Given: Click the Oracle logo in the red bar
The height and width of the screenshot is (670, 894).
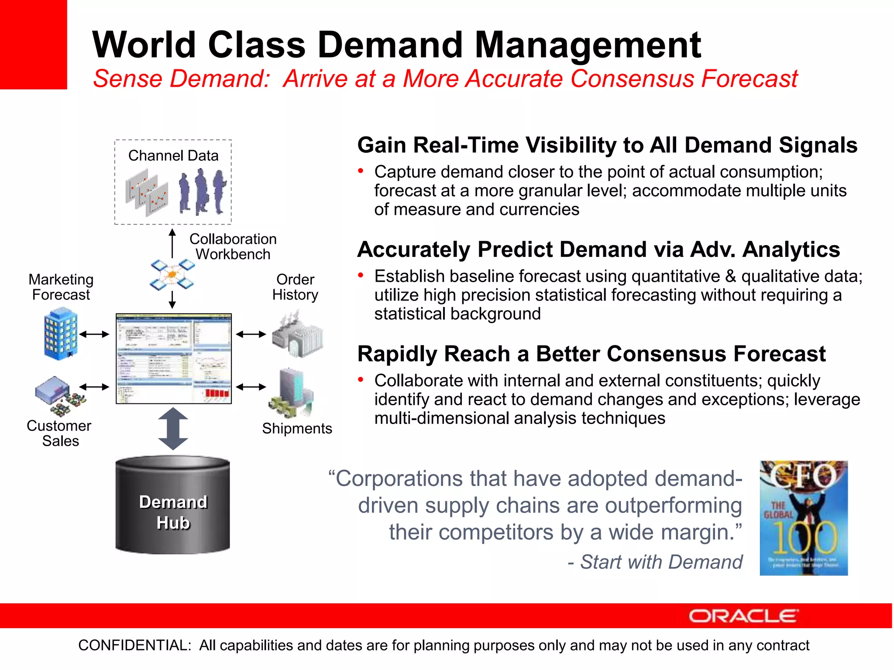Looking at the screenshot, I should click(x=743, y=616).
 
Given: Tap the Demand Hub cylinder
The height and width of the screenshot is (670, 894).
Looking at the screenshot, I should click(x=173, y=506).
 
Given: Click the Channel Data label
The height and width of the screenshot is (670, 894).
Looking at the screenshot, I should click(x=173, y=156).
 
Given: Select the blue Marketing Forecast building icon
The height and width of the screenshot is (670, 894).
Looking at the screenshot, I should click(x=60, y=334).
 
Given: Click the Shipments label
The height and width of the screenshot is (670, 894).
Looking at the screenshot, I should click(x=297, y=428).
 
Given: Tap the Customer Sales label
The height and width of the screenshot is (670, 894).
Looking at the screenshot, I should click(x=59, y=433).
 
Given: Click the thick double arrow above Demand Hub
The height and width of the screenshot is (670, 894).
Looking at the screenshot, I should click(x=173, y=429).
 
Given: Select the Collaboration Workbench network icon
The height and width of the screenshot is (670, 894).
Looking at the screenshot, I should click(x=172, y=275).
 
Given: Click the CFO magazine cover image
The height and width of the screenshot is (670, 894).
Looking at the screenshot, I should click(x=804, y=518).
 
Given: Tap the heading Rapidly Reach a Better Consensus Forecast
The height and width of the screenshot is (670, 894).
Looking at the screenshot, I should click(x=591, y=354).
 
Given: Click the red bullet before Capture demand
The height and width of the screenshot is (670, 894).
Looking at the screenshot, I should click(x=361, y=171).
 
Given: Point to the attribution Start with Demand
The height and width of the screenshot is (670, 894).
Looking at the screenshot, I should click(x=661, y=562).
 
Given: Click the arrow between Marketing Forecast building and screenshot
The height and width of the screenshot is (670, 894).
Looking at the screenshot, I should click(x=94, y=335).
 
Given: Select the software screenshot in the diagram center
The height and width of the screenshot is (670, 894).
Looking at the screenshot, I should click(x=173, y=359).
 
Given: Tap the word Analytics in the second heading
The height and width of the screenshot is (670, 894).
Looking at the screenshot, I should click(x=791, y=250).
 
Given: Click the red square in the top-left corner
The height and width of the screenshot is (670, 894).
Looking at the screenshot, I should click(x=33, y=44).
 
